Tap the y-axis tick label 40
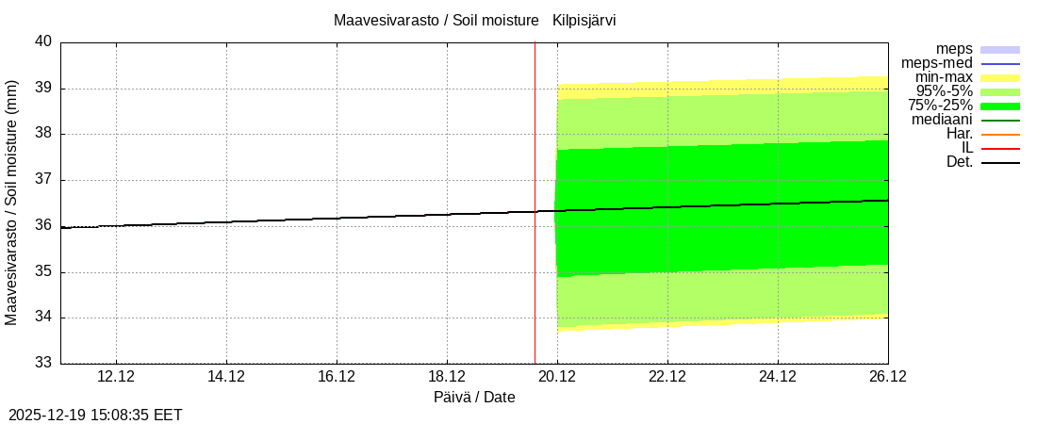point(43,42)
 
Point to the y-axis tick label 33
point(43,363)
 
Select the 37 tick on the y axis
point(43,180)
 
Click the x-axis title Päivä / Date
point(474,397)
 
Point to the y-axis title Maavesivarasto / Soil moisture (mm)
point(12,203)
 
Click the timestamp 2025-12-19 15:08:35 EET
point(95,415)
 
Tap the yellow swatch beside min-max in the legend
point(1000,77)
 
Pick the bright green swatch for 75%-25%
point(1000,106)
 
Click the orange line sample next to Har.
point(1000,134)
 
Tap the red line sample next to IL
point(1000,148)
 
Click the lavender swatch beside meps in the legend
point(1000,49)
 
